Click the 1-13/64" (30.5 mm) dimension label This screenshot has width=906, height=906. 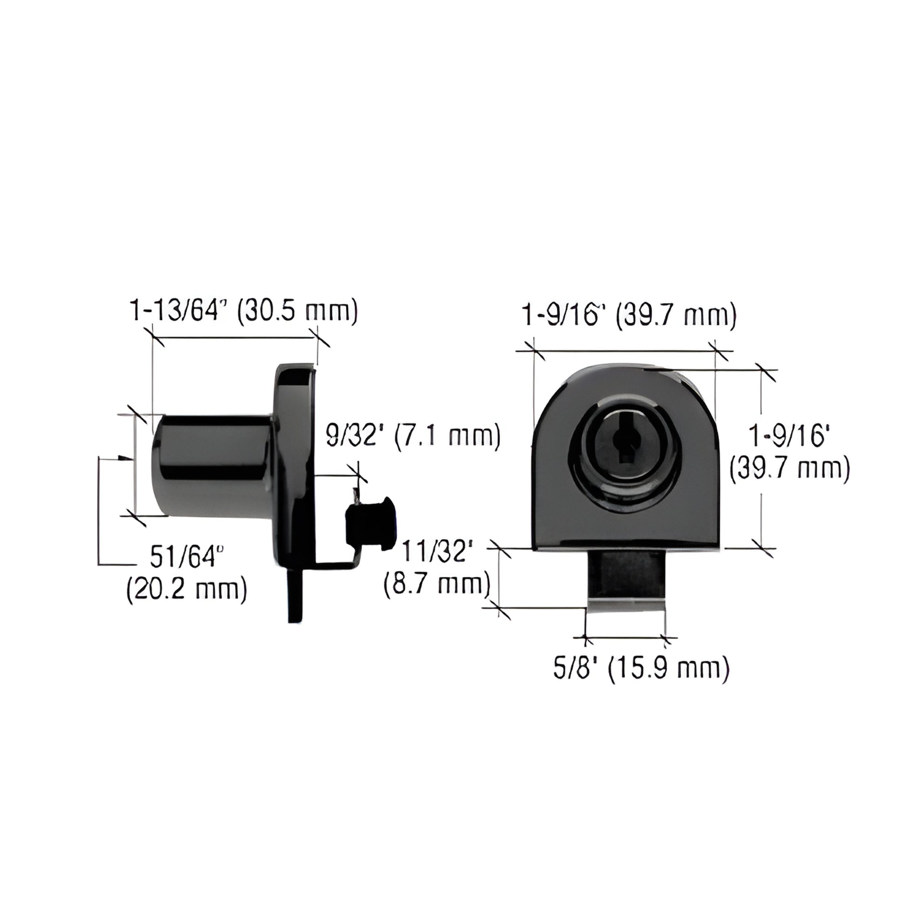[x=243, y=311]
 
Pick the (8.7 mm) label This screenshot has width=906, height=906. [x=437, y=584]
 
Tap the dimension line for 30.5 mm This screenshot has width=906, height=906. [x=235, y=337]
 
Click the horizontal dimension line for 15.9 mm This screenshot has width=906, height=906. [x=626, y=638]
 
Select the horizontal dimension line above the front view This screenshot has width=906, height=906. [x=624, y=350]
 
